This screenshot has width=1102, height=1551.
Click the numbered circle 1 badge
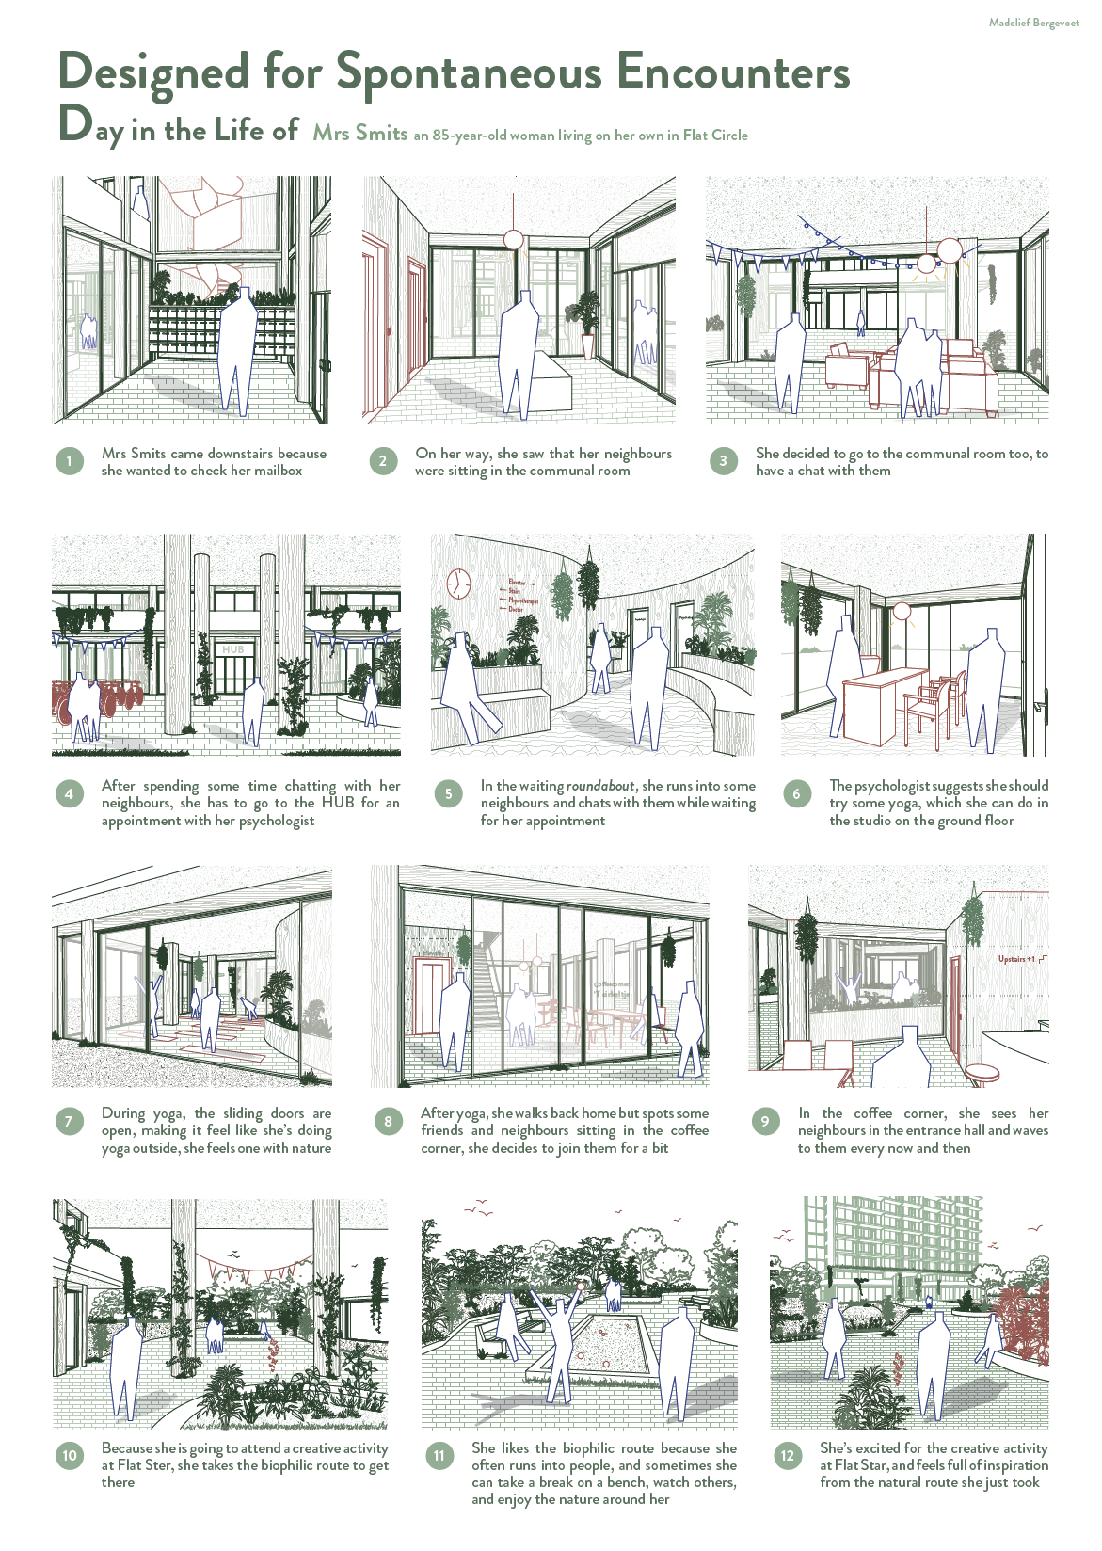click(70, 461)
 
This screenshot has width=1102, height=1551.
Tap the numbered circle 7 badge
click(69, 1121)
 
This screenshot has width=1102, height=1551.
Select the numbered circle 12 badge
click(788, 1456)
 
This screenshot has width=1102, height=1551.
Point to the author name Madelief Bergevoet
click(1033, 23)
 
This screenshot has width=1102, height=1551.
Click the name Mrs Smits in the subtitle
click(360, 134)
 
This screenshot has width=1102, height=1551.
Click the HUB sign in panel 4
click(233, 649)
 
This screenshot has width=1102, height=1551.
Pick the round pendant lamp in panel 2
click(513, 239)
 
